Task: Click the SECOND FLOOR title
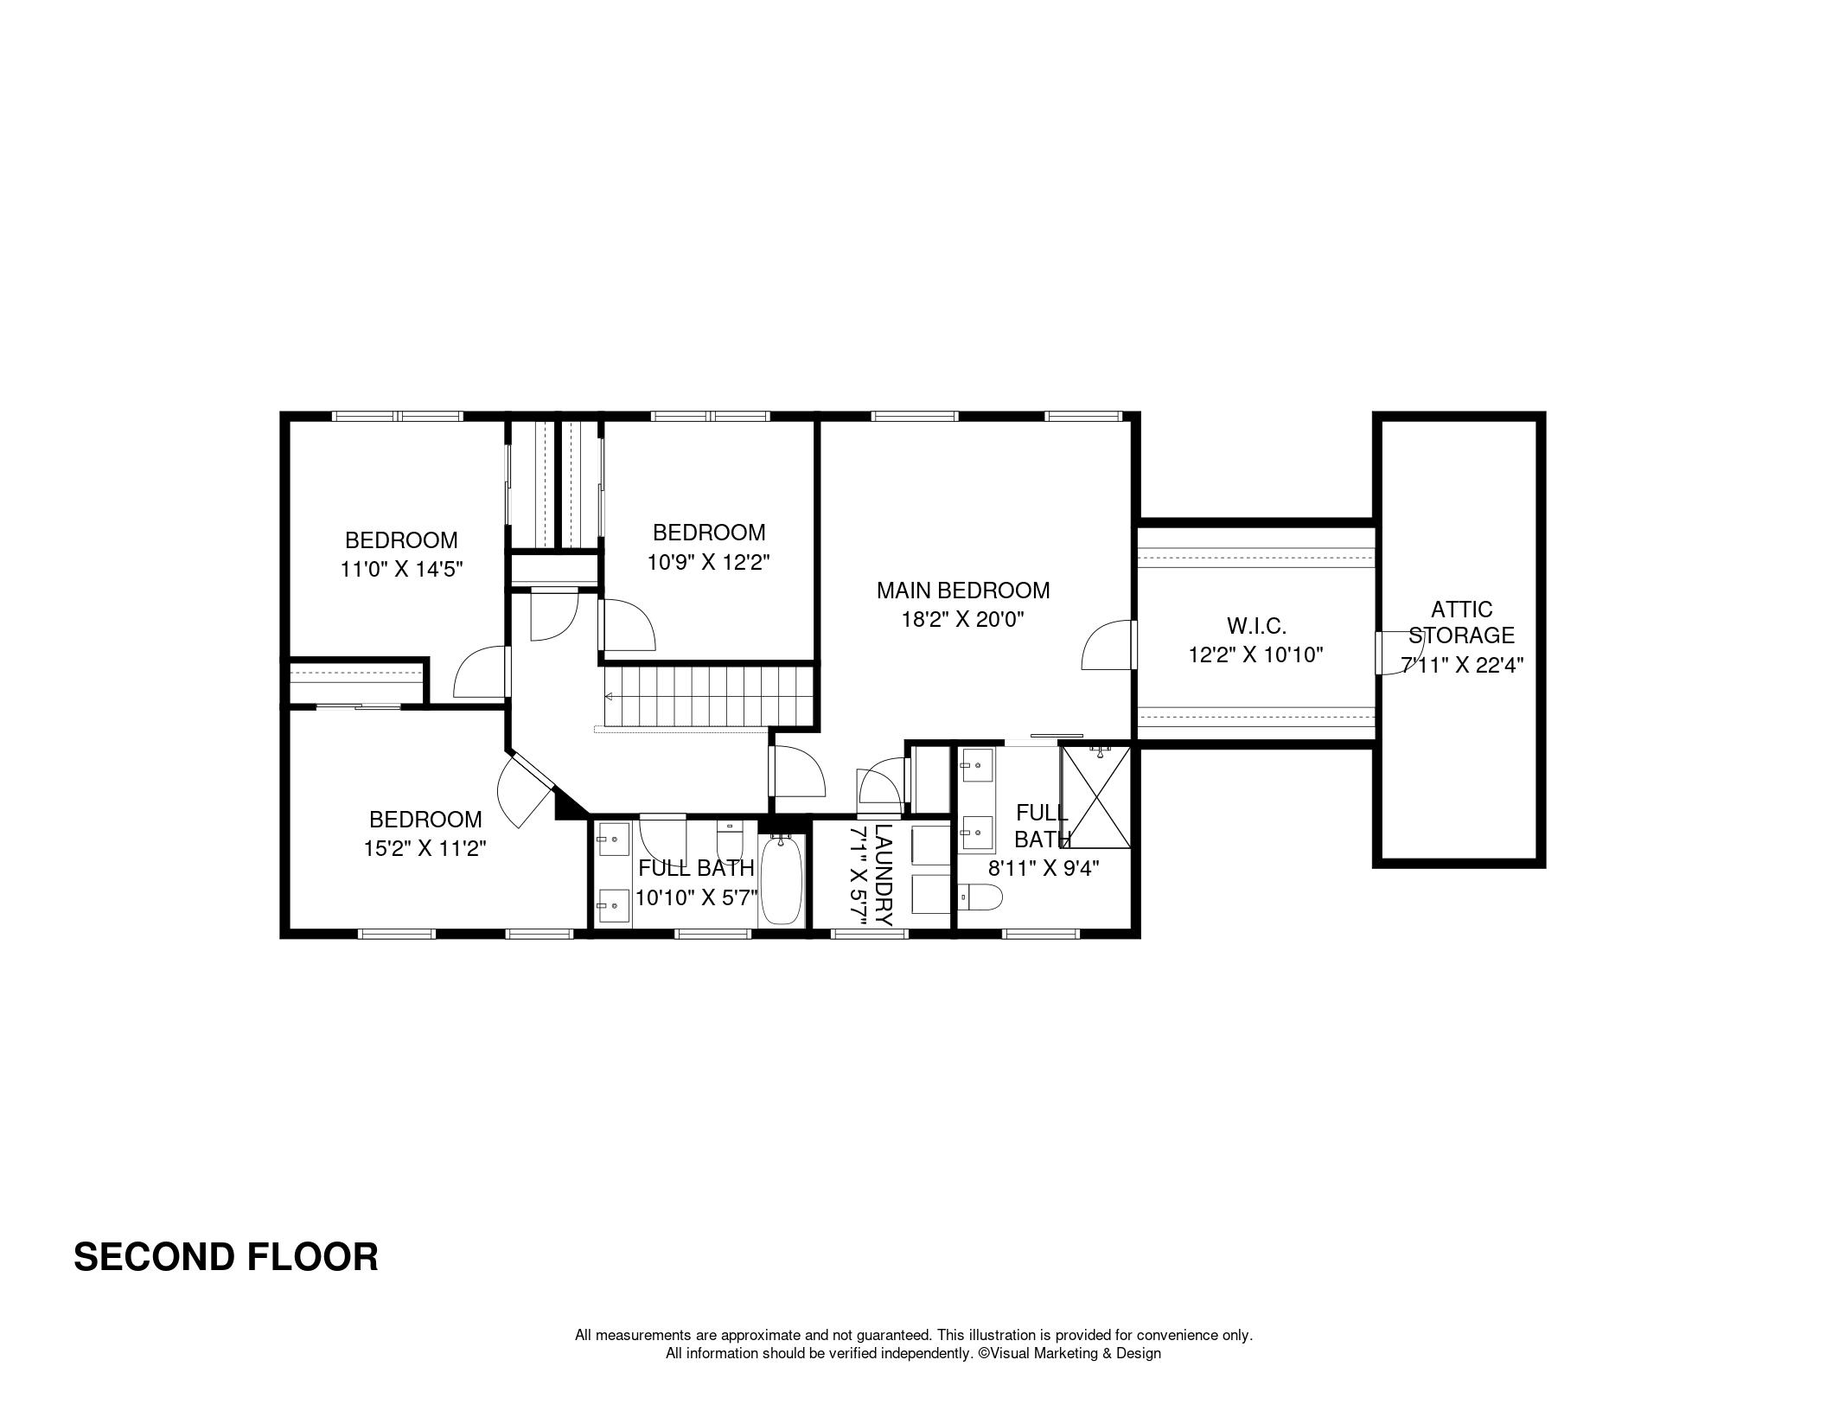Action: (x=226, y=1257)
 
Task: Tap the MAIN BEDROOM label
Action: (x=963, y=591)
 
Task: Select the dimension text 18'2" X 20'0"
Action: (x=963, y=620)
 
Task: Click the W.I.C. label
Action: (x=1256, y=625)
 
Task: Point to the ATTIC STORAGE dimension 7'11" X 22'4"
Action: (x=1462, y=665)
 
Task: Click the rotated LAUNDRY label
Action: (x=882, y=875)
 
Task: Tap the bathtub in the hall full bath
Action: (x=783, y=880)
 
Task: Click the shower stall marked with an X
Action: (x=1095, y=796)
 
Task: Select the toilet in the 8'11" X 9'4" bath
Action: (x=980, y=898)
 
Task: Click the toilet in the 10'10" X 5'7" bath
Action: (x=730, y=840)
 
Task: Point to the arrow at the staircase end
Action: (x=609, y=696)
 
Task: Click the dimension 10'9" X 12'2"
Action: (x=709, y=562)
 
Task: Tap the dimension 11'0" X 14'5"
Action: (x=401, y=569)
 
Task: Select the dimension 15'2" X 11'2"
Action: (x=425, y=848)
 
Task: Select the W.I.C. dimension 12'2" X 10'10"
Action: (x=1256, y=654)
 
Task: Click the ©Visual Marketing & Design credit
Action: (x=1069, y=1354)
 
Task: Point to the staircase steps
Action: (x=709, y=696)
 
